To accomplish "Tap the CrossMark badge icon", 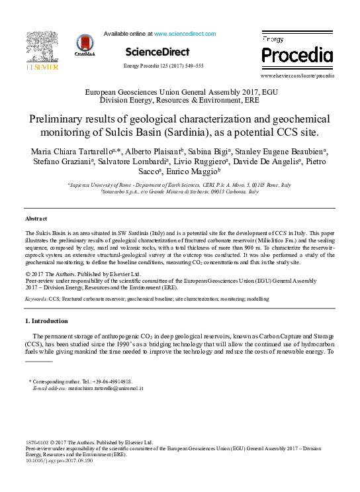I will tap(86, 46).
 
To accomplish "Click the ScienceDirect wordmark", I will tap(157, 52).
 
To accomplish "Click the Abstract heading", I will tap(36, 218).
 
